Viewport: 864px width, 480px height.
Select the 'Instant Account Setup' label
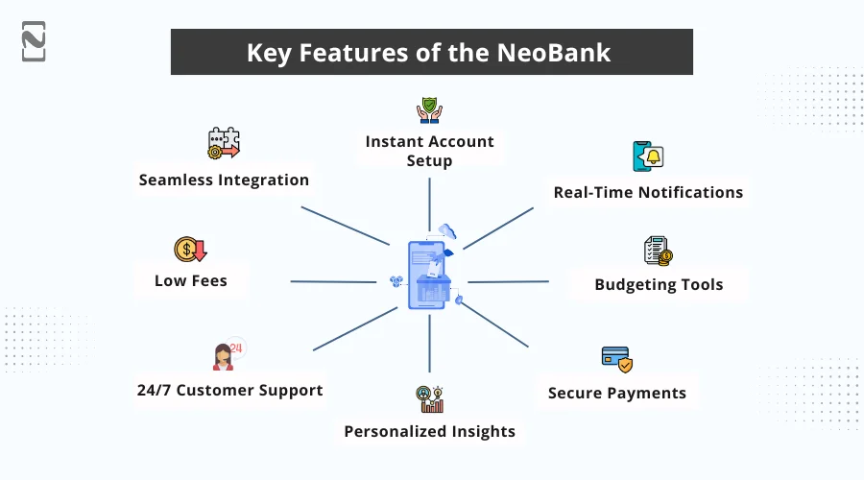point(429,151)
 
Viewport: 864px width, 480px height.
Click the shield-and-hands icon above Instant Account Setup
point(429,109)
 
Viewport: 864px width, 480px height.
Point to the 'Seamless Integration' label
point(224,180)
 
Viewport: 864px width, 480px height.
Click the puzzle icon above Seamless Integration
point(224,143)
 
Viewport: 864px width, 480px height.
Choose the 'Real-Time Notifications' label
point(648,192)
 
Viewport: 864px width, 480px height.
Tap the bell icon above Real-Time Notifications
point(648,156)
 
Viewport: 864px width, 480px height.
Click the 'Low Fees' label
point(190,281)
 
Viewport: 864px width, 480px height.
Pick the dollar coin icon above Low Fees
point(190,251)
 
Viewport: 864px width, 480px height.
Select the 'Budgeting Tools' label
point(659,284)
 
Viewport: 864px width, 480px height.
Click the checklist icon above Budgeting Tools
point(658,251)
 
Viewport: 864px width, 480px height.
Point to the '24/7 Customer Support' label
point(229,390)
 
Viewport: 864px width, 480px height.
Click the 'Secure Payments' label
point(616,393)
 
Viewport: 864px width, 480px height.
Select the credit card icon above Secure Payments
point(616,359)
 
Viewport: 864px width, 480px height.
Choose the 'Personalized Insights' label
point(429,431)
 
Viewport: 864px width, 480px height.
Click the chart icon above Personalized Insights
point(429,397)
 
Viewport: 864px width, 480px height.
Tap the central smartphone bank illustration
point(428,275)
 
